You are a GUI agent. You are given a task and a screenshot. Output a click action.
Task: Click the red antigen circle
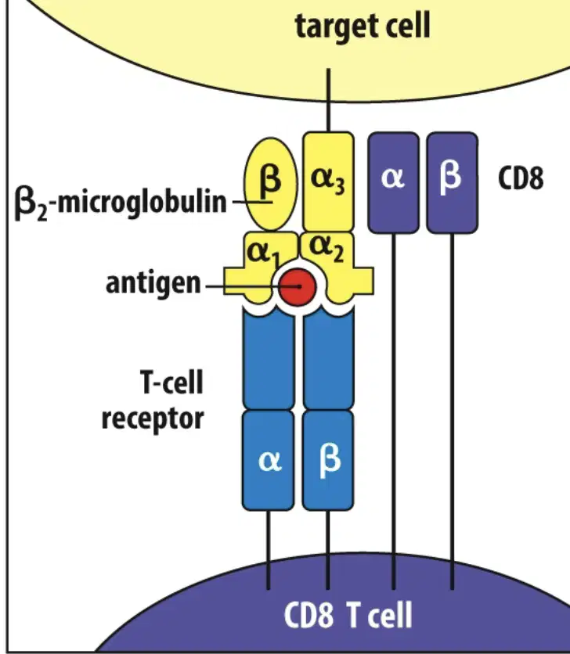tap(298, 287)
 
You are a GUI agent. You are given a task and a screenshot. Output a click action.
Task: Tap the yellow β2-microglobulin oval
tap(271, 184)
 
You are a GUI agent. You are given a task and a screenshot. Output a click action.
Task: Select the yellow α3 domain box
tap(328, 181)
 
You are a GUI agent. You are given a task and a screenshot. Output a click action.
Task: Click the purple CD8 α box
tap(393, 182)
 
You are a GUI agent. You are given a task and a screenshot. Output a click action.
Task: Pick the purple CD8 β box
tap(453, 182)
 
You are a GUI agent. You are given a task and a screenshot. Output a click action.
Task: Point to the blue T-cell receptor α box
tap(268, 460)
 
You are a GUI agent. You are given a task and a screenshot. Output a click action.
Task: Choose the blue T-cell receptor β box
tap(328, 460)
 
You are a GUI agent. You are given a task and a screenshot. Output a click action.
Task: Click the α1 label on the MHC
tap(262, 254)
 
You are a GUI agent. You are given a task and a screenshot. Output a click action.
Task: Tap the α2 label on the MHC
tap(327, 249)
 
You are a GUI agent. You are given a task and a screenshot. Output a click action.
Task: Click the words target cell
tap(363, 26)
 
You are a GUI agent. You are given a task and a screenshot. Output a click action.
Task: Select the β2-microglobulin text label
tap(121, 203)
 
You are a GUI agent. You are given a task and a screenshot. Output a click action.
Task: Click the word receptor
tap(153, 419)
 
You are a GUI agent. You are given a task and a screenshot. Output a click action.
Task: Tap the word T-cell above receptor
tap(172, 382)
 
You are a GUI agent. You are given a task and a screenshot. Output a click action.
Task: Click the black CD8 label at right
tap(521, 178)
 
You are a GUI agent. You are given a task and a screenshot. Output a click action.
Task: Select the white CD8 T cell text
tap(348, 615)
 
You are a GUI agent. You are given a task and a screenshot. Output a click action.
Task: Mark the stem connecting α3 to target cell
tap(328, 100)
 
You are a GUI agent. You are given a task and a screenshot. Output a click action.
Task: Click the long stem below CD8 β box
tap(453, 411)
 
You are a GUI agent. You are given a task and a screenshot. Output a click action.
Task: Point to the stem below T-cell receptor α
tap(268, 550)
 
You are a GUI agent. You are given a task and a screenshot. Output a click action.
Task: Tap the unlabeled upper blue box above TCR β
tap(328, 360)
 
